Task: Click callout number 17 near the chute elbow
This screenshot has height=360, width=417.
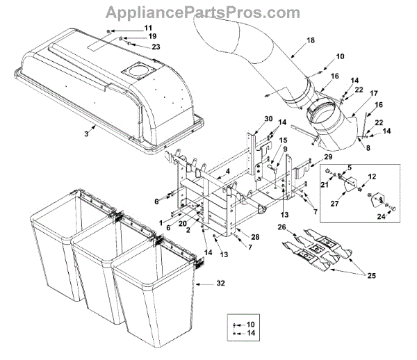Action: tap(373, 94)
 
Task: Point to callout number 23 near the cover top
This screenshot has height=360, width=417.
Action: tap(155, 47)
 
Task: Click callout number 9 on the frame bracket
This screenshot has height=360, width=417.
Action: tap(284, 149)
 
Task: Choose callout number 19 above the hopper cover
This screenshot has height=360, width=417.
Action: tap(152, 36)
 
